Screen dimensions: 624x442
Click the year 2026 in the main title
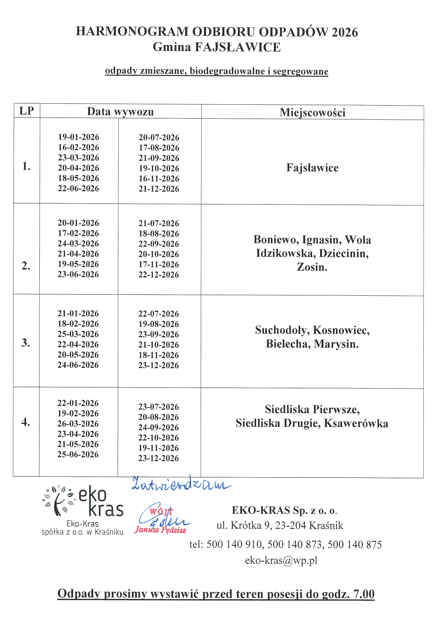(344, 32)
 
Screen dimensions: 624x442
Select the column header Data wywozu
(120, 112)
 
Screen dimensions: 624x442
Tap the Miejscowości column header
(312, 113)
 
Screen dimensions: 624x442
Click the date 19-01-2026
(78, 137)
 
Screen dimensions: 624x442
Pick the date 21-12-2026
(159, 189)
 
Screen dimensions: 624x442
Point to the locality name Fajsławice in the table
(312, 168)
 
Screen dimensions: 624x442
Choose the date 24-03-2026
(78, 243)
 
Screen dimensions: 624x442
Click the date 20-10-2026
(159, 254)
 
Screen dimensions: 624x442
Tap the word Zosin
(312, 267)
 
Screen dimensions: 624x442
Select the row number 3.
(26, 343)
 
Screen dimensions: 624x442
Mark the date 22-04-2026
(78, 344)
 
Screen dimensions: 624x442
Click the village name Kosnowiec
(341, 330)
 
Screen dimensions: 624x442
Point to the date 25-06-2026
(78, 454)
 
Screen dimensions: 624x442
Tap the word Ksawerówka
(356, 423)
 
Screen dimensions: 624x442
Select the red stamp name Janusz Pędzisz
(161, 530)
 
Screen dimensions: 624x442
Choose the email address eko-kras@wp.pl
(281, 560)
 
